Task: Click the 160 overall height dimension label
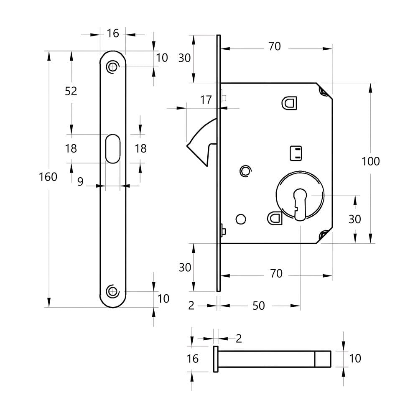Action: (x=48, y=177)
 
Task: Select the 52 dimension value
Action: (x=71, y=91)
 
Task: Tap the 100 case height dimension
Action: (x=371, y=161)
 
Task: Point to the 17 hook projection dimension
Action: (x=206, y=100)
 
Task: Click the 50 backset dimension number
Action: (x=259, y=306)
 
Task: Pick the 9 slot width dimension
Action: (x=80, y=181)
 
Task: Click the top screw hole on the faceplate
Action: (x=112, y=67)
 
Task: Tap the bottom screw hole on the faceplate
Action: (x=112, y=291)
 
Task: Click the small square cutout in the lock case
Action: (x=296, y=153)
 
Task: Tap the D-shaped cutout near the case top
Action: (x=289, y=103)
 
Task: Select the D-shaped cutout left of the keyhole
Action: (x=274, y=217)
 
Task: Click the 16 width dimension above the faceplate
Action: (x=113, y=33)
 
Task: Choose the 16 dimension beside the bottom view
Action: (x=192, y=358)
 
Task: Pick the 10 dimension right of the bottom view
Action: (x=355, y=358)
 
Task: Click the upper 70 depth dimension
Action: (x=274, y=46)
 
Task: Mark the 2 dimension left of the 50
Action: (x=191, y=306)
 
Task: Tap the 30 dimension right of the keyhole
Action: (x=354, y=219)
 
